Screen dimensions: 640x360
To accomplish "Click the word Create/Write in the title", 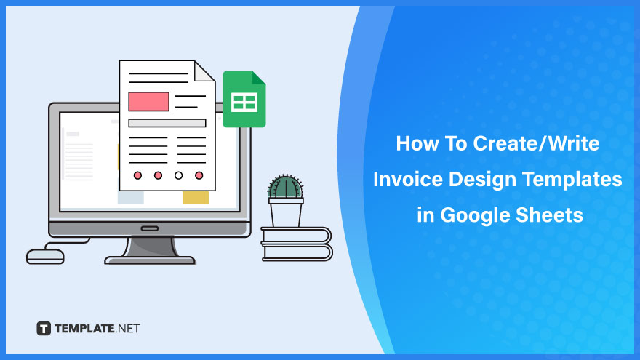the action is point(536,144).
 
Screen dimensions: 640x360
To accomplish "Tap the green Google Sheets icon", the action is point(244,99).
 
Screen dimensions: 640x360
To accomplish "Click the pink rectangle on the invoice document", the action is point(148,101).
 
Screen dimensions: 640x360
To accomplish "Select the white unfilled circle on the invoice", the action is point(178,175).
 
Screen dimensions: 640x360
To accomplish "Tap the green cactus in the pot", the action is point(285,188).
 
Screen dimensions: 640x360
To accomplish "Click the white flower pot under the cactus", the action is point(286,212).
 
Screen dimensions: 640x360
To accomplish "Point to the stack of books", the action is point(296,244).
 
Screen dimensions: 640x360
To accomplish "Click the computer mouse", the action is point(45,257).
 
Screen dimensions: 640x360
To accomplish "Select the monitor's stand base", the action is point(150,260).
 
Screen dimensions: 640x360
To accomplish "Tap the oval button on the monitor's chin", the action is point(150,228).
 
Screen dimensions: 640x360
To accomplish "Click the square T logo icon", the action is point(44,328).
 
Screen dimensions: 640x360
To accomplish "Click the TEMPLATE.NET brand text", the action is point(97,329).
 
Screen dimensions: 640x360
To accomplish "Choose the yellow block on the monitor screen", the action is point(196,198).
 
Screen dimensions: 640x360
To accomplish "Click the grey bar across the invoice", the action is point(167,123).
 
